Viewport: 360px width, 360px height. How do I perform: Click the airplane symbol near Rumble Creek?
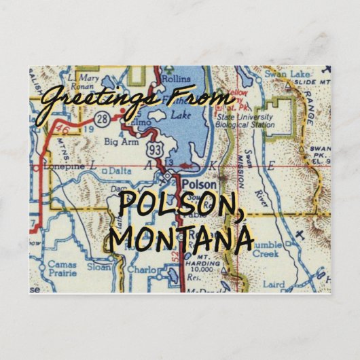[x=299, y=235]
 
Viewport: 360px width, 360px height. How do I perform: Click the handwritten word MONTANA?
[x=182, y=239]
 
